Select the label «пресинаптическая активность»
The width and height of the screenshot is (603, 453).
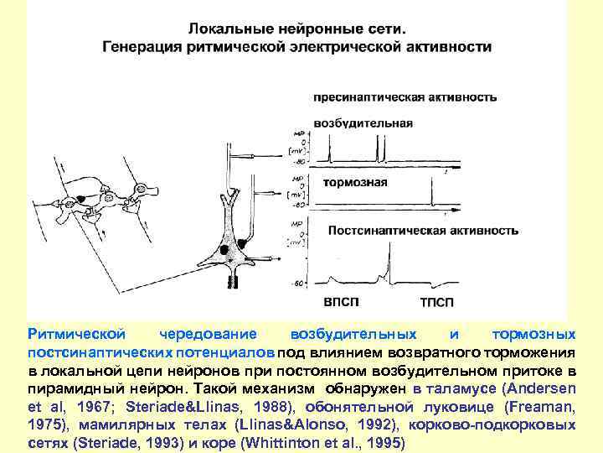tap(405, 96)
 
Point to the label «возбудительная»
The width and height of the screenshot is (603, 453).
tap(363, 123)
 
